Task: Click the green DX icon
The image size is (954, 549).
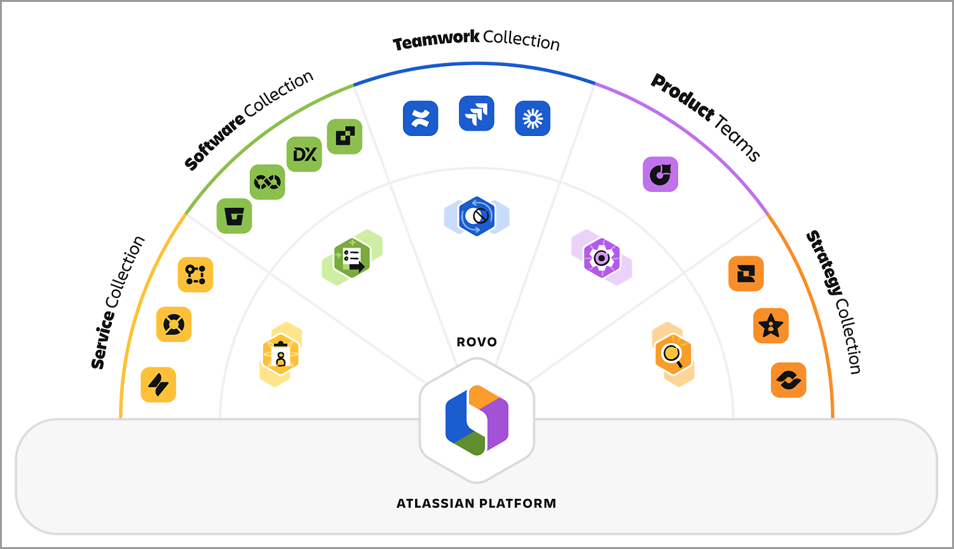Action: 304,154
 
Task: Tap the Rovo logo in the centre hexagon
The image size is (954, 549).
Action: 477,420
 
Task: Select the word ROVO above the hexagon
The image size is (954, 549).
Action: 477,342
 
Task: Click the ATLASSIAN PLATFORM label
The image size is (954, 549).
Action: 477,503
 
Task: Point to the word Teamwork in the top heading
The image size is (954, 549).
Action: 436,40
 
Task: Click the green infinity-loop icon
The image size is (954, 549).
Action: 268,182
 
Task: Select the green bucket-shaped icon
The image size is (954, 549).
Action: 235,216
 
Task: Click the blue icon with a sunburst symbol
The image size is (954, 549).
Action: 533,118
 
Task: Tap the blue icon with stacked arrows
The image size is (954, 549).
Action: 477,114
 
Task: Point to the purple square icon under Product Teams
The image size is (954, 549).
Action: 660,174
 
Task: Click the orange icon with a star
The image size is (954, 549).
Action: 771,326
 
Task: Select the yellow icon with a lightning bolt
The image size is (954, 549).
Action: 158,384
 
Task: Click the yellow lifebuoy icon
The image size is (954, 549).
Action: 174,324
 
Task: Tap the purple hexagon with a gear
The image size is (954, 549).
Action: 601,257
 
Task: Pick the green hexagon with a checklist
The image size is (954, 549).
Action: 352,257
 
